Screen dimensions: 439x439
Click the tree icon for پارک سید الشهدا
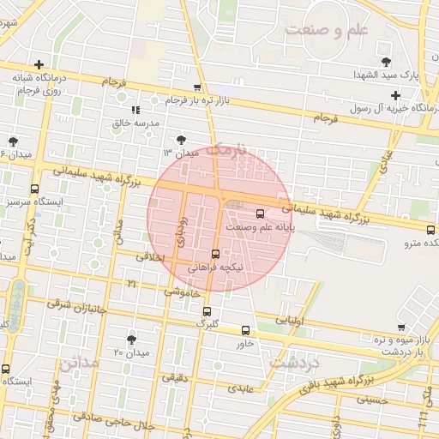[388, 61]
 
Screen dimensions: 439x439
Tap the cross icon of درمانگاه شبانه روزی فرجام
[39, 64]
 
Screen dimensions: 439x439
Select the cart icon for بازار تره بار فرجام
[198, 87]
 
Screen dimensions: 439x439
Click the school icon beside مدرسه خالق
[135, 110]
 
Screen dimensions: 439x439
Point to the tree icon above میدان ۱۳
[181, 139]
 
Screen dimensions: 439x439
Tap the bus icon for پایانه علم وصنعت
[261, 213]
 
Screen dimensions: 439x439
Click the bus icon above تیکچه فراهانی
[214, 253]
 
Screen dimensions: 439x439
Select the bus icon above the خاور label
[246, 330]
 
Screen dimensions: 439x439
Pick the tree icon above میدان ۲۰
[131, 340]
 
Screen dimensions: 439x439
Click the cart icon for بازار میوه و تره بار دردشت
[400, 327]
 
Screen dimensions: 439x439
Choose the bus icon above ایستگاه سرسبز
[34, 189]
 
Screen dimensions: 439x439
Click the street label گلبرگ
[207, 323]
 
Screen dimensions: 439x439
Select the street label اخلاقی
[149, 256]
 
